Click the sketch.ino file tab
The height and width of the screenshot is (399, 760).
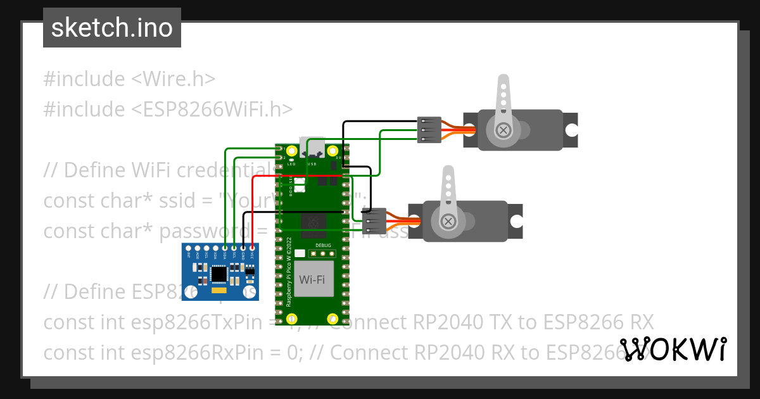pyautogui.click(x=111, y=28)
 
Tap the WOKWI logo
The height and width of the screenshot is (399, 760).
pyautogui.click(x=673, y=349)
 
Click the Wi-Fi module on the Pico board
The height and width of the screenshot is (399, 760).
pyautogui.click(x=316, y=279)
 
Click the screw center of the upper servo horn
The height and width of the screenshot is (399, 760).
pyautogui.click(x=503, y=130)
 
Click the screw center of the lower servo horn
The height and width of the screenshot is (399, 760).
pyautogui.click(x=449, y=221)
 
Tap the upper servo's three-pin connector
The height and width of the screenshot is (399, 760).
pyautogui.click(x=429, y=130)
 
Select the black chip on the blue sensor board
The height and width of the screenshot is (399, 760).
pyautogui.click(x=219, y=274)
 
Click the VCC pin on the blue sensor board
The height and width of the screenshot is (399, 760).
pyautogui.click(x=252, y=248)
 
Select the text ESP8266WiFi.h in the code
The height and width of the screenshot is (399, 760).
pyautogui.click(x=212, y=110)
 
